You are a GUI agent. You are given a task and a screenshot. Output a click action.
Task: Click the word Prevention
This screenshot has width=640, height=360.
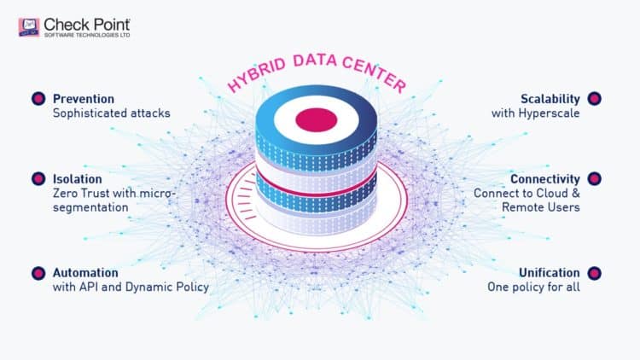[84, 98]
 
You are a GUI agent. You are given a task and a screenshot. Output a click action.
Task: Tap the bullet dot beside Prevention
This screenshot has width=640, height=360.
[38, 99]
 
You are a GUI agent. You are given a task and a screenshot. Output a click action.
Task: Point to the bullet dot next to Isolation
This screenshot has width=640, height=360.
[38, 179]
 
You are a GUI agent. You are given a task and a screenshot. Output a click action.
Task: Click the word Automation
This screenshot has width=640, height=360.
[85, 273]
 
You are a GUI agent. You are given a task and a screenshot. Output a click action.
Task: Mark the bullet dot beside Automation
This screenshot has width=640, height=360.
[38, 273]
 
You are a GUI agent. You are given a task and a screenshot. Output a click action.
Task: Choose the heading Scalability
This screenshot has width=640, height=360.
[550, 98]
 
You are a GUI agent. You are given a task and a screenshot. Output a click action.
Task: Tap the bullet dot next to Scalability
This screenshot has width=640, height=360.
[595, 99]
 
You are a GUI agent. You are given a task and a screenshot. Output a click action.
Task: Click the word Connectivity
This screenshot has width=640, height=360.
[545, 179]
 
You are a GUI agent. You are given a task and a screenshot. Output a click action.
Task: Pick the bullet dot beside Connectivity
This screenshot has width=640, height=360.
[595, 179]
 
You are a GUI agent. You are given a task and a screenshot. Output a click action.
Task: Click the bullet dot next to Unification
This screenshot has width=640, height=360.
[595, 273]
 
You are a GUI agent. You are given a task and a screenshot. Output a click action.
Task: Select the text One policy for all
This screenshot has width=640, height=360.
[533, 287]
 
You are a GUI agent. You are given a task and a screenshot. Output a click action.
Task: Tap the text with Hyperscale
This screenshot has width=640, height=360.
[536, 113]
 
